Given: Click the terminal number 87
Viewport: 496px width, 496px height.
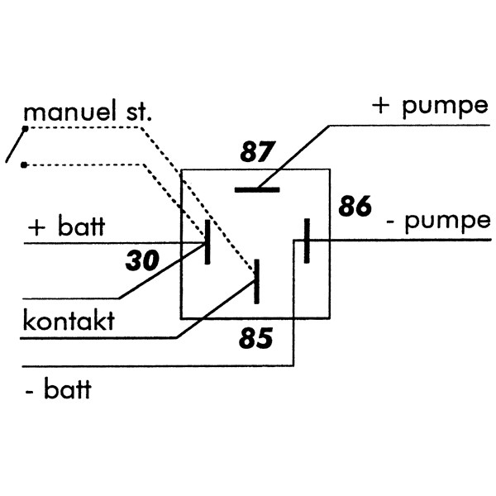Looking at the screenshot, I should (x=257, y=153).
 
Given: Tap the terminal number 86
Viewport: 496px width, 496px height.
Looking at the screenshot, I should (x=355, y=207).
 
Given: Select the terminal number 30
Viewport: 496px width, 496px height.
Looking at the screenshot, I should (x=141, y=261).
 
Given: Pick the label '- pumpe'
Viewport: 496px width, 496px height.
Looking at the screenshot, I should (x=437, y=222).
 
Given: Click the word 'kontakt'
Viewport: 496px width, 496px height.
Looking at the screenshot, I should (x=68, y=321).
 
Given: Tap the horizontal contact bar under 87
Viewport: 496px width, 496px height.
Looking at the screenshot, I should (x=257, y=189).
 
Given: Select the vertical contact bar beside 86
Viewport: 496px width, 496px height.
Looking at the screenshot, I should (x=307, y=241).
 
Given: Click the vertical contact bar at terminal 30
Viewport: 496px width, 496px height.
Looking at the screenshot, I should (x=207, y=242).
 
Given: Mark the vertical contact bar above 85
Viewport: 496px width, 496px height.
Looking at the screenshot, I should (x=257, y=281).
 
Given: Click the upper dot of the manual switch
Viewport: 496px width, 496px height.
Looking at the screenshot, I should (x=26, y=129).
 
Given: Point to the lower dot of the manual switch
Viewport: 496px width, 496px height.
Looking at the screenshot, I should (x=25, y=165).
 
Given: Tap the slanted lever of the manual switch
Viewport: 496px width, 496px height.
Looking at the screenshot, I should (x=16, y=145).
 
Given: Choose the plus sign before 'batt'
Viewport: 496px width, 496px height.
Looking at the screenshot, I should (x=36, y=228).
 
